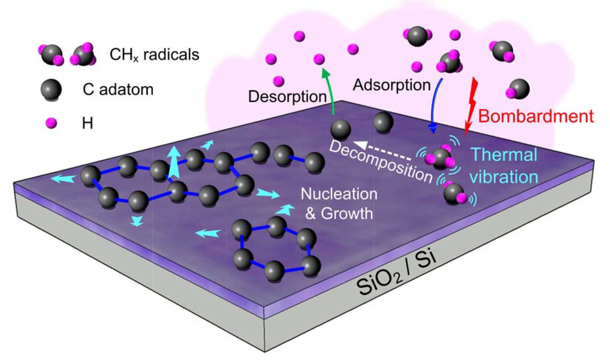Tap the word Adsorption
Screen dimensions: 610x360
[392, 85]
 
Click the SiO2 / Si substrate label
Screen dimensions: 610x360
[396, 275]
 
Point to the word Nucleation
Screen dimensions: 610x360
[339, 194]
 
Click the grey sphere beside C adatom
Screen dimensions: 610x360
[51, 89]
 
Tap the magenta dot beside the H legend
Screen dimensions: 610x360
[51, 123]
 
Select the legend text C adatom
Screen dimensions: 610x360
[118, 90]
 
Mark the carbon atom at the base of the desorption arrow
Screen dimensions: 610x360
[340, 130]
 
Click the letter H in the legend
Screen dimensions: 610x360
[88, 124]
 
